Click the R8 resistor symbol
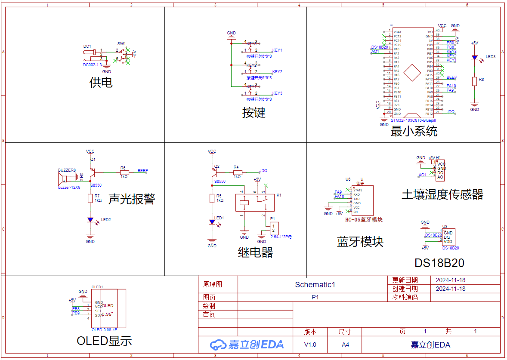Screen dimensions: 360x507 pos(474,81)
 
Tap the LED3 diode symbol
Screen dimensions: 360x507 pos(474,57)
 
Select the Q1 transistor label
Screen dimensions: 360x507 pos(93,159)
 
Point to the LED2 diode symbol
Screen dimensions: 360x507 pos(90,220)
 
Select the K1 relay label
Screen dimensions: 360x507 pos(279,195)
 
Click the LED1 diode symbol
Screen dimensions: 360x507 pos(212,222)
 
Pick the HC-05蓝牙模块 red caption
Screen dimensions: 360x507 pos(363,220)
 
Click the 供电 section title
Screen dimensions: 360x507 pos(101,82)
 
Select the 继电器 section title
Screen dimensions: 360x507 pos(255,252)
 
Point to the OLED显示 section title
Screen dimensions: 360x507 pos(104,341)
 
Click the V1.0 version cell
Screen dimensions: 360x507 pos(310,345)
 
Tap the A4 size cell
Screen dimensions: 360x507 pos(345,345)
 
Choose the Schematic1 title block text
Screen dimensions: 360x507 pos(315,284)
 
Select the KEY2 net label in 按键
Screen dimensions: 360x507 pos(277,72)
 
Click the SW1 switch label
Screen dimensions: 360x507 pos(121,44)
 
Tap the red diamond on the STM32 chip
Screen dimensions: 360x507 pos(414,73)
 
